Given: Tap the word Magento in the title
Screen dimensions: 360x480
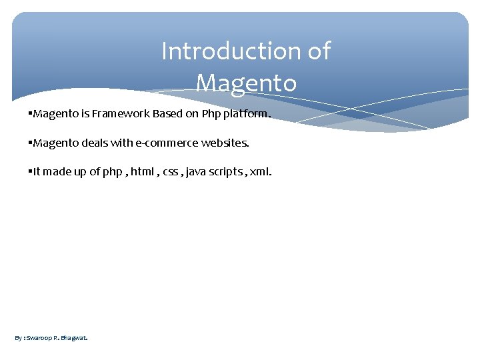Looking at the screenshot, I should click(246, 83).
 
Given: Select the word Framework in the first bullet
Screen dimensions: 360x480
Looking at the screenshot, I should click(121, 113).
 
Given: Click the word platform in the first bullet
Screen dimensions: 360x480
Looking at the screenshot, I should click(247, 114).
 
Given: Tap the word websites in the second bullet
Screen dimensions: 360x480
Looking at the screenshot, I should click(225, 143).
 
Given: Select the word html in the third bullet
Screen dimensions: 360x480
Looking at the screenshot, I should click(141, 172).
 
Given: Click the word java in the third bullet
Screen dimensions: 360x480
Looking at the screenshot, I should click(197, 172).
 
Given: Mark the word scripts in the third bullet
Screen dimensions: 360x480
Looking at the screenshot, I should click(227, 172).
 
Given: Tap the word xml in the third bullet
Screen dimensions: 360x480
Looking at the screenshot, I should click(260, 172).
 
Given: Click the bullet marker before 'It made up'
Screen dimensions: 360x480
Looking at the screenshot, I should click(31, 172).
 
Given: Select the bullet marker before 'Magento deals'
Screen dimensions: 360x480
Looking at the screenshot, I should click(31, 143).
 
